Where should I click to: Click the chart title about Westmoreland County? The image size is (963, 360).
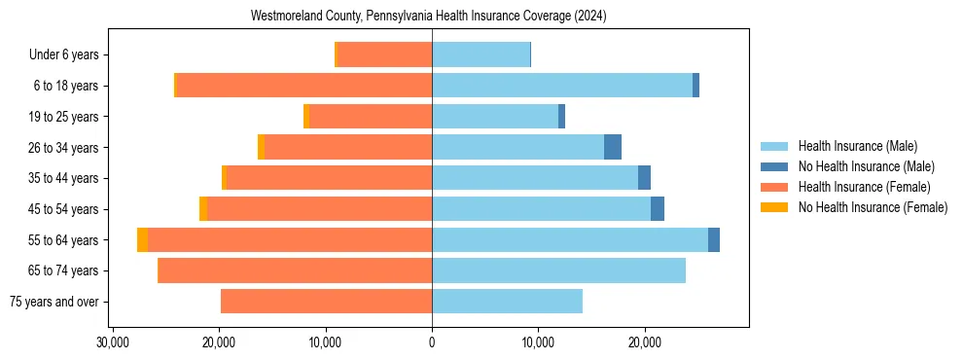(x=429, y=16)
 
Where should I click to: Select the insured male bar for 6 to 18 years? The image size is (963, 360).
(x=562, y=86)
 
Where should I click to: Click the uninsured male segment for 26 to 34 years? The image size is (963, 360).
(x=613, y=147)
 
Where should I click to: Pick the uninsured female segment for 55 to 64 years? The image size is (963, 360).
(x=143, y=239)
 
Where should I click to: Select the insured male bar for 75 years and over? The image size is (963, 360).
(x=507, y=301)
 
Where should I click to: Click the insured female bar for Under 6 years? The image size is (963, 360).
(x=384, y=55)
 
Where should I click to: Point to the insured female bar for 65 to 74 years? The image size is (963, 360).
(x=295, y=270)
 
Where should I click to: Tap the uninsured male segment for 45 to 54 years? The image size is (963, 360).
(x=658, y=208)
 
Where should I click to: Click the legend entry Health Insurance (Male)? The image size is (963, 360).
(x=857, y=146)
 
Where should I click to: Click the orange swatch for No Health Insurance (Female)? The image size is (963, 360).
(x=774, y=207)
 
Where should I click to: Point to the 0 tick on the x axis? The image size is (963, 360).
(x=432, y=342)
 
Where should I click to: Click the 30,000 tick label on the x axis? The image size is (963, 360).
(x=114, y=342)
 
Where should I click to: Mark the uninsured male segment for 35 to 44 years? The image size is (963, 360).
(x=644, y=178)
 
